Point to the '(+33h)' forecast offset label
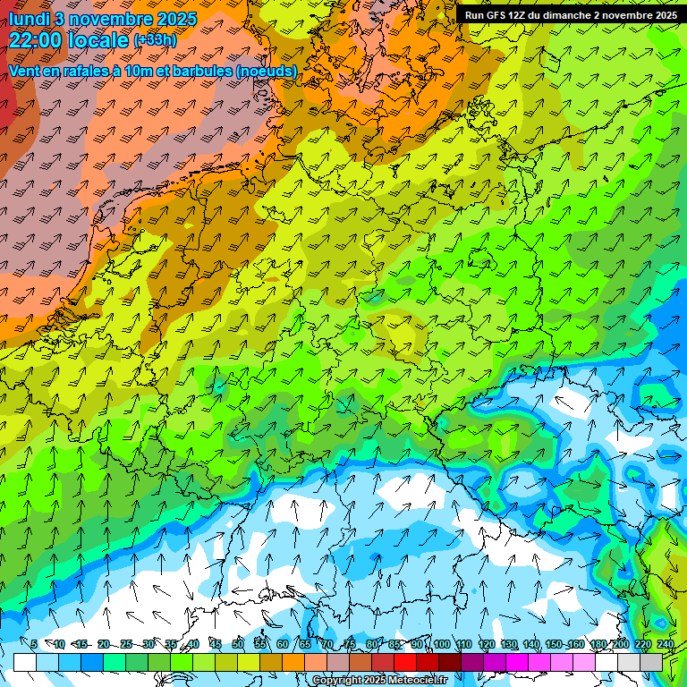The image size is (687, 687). [154, 40]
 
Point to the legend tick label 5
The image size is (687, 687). [34, 644]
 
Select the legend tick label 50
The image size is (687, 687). [238, 644]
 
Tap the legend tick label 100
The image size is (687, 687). [441, 644]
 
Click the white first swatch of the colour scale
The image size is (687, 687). [25, 662]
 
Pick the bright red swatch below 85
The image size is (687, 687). [406, 662]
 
